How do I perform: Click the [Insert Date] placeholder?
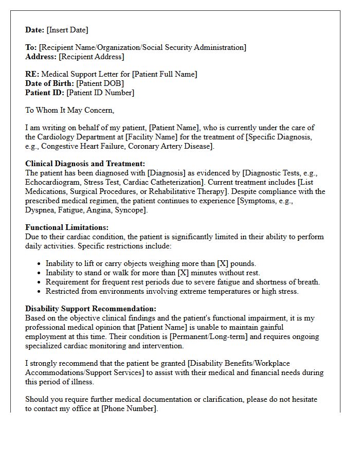coord(68,30)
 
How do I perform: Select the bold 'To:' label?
coord(31,47)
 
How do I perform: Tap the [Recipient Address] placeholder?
coord(92,57)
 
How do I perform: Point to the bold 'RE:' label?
coord(32,74)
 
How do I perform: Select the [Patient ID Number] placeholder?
coord(100,93)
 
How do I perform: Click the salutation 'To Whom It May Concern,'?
coord(69,110)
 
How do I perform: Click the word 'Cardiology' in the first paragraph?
coord(57,137)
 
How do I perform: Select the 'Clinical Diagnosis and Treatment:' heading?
coord(85,164)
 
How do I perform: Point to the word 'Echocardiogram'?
coord(52,182)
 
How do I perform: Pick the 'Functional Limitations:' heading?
coord(67,227)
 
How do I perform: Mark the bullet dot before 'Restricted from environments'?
coord(40,291)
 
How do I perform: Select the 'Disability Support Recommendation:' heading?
coord(91,309)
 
